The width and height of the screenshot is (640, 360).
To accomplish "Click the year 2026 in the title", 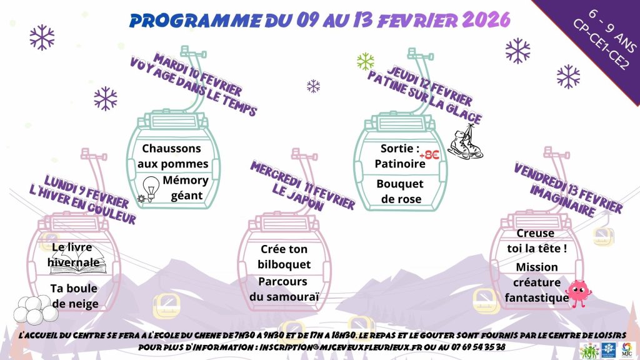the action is (x=486, y=19).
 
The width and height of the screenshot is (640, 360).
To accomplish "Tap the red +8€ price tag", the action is (x=429, y=155).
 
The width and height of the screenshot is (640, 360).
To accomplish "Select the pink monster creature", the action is (x=577, y=292).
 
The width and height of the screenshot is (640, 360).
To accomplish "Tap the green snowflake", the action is (x=365, y=61).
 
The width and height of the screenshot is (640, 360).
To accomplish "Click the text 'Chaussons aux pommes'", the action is (x=172, y=156).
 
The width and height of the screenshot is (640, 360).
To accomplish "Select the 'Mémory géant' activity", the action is (x=186, y=187).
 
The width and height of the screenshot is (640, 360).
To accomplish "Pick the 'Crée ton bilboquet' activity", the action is (x=284, y=257).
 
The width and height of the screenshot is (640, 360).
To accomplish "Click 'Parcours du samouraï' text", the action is (x=284, y=289).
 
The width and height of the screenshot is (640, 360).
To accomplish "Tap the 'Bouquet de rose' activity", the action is (x=400, y=191).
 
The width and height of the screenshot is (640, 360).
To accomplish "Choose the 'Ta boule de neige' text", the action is (x=74, y=296).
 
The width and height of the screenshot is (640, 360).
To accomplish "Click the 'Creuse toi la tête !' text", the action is (x=537, y=241).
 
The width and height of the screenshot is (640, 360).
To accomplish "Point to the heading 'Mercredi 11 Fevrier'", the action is (x=302, y=185).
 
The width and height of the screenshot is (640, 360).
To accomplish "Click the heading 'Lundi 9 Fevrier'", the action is (x=86, y=191).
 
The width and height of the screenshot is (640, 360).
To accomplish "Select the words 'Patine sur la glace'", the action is (x=424, y=97).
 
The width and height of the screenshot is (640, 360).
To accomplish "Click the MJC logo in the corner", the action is (x=626, y=350).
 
